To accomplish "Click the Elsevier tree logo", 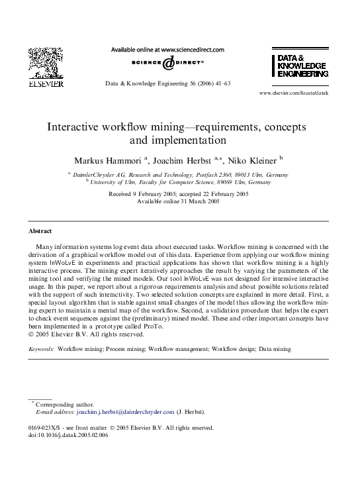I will pos(45,63).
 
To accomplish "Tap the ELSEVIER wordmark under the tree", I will pos(45,84).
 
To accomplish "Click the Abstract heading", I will pos(40,231).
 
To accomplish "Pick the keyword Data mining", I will pos(275,348).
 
